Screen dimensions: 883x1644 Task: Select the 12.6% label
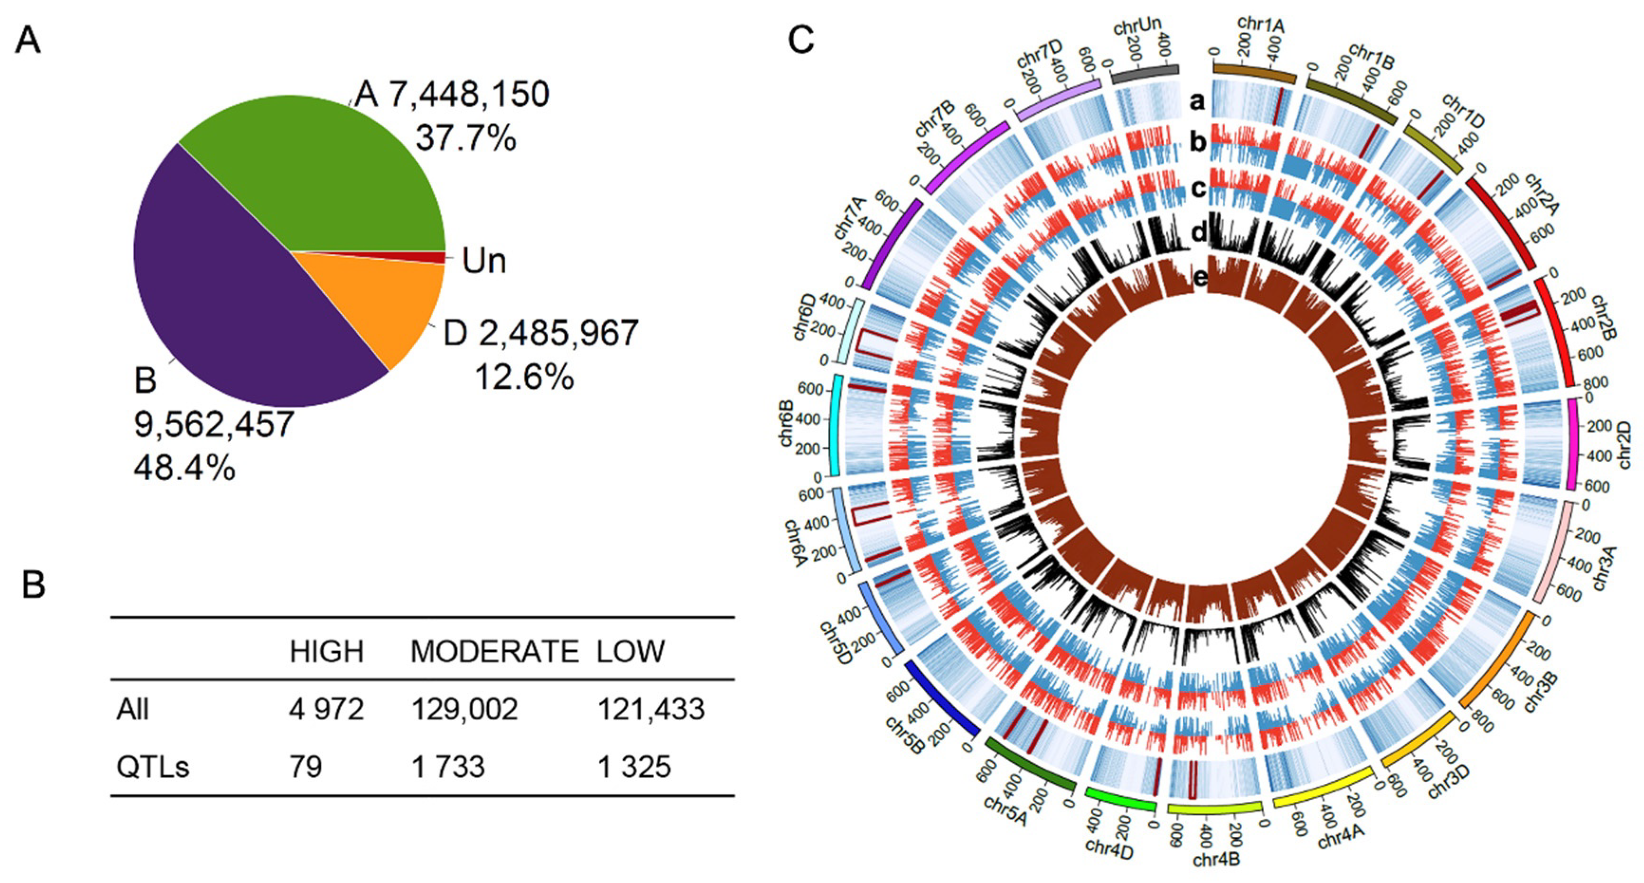click(523, 377)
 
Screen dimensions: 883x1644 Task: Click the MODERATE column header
click(494, 651)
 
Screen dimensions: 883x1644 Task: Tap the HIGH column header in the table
click(326, 651)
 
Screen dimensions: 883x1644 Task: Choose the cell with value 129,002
click(464, 709)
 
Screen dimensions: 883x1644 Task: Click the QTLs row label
click(152, 767)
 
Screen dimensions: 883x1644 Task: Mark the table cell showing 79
click(305, 767)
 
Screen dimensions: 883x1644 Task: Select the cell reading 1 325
click(634, 767)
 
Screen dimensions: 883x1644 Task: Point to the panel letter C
click(801, 39)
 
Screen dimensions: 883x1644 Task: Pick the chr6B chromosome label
click(786, 424)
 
